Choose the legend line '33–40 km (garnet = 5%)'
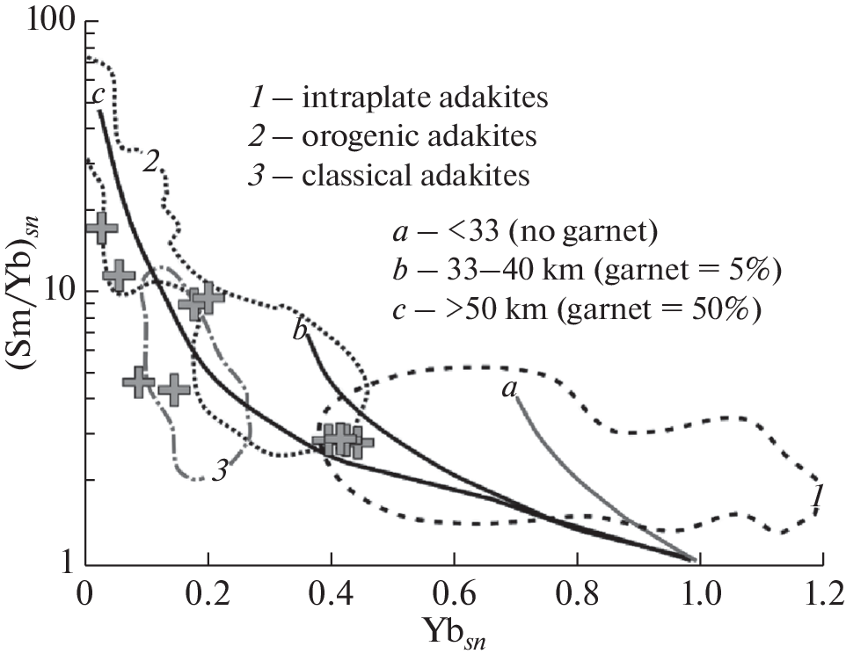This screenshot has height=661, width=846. [581, 272]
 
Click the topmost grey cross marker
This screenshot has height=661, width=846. [101, 228]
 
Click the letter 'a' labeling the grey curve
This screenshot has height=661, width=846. [508, 389]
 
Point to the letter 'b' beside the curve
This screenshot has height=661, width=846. [300, 333]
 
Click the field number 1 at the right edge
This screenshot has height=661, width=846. [817, 498]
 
